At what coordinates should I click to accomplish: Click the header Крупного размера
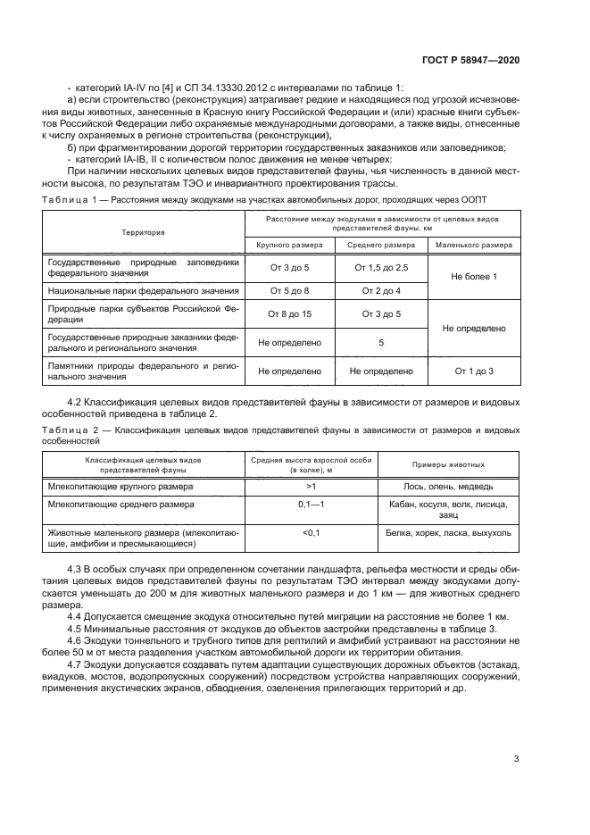click(x=289, y=244)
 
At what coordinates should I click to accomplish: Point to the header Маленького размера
click(x=473, y=244)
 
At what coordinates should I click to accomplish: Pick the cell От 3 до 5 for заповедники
click(x=289, y=268)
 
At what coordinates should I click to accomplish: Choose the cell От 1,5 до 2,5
click(x=381, y=268)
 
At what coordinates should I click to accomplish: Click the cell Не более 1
click(x=473, y=278)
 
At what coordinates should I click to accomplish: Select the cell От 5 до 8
click(x=289, y=291)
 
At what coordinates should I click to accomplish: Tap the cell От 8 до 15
click(x=289, y=314)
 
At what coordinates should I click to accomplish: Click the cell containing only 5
click(x=381, y=342)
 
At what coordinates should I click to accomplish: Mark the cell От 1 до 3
click(x=473, y=371)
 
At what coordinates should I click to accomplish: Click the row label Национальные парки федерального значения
click(x=143, y=291)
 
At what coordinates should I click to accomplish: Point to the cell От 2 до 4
click(x=381, y=291)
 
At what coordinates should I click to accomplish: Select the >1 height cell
click(x=312, y=486)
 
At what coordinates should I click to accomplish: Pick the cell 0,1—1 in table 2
click(x=312, y=505)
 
